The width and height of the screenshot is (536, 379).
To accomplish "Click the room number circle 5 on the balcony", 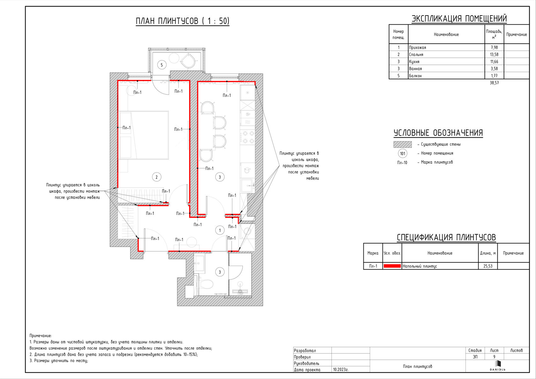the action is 162,65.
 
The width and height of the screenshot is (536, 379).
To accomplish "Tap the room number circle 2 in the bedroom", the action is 156,177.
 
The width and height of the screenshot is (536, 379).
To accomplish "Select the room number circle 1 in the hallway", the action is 220,230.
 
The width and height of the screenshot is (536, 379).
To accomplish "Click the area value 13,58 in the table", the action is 494,55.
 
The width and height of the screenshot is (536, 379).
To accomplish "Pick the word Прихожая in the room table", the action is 417,47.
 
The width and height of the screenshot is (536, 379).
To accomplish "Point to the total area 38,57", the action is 494,83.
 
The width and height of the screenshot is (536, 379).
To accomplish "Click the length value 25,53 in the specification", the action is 488,266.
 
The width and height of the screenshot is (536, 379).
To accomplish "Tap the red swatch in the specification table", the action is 392,266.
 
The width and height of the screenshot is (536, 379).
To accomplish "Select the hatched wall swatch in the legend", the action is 403,144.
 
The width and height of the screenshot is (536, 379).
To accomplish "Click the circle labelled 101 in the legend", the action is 403,154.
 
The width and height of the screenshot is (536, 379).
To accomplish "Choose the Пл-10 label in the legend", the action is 402,163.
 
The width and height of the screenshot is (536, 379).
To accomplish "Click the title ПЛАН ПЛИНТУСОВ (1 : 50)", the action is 182,21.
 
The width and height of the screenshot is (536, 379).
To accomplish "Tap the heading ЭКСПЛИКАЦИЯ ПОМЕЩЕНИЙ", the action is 459,19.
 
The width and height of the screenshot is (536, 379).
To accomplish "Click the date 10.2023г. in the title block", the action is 341,369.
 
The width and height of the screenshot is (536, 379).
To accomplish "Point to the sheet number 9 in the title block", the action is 494,357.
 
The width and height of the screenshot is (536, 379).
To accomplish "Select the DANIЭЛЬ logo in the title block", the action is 497,366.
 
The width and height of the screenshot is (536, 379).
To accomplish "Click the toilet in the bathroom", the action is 205,284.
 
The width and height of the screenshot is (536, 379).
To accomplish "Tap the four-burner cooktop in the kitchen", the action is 248,137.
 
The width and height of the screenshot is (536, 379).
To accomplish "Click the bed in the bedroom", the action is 144,135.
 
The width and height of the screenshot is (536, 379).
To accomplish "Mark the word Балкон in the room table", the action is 415,76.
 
